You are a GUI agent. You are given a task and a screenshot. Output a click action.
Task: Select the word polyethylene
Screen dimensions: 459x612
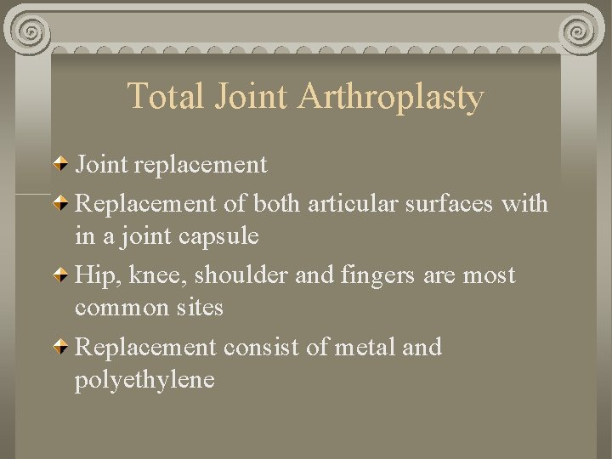tap(144, 379)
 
